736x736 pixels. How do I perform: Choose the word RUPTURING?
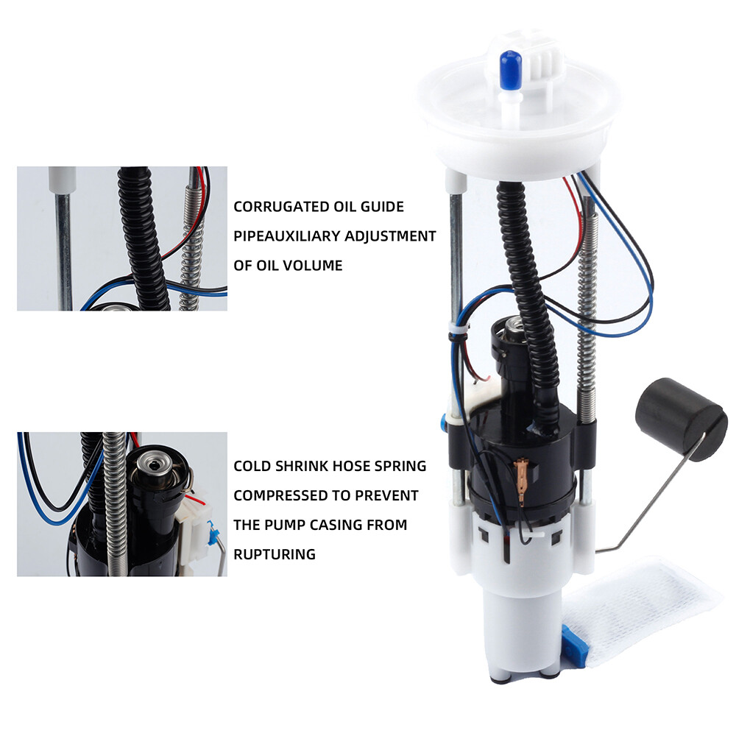click(275, 554)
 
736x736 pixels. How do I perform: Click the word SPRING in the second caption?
click(400, 466)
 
